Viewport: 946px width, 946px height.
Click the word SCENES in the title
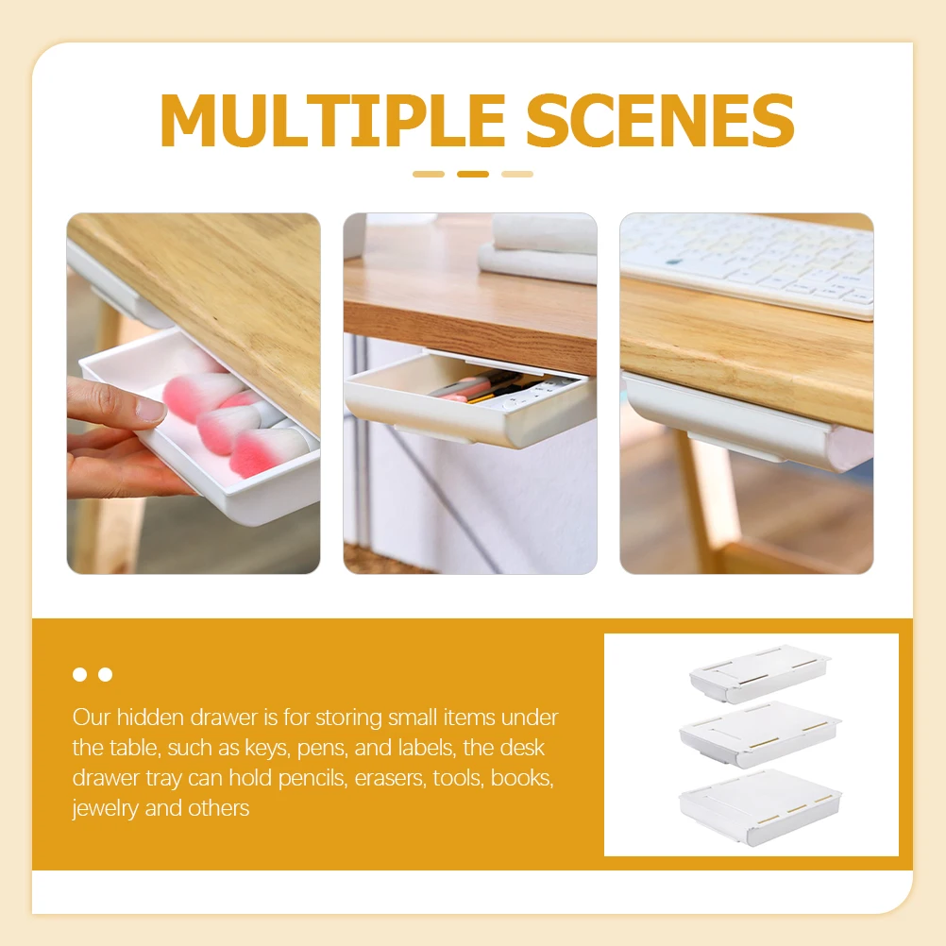[660, 120]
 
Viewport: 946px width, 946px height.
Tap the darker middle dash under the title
[473, 174]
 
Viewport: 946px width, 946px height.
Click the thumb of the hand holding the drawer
[118, 404]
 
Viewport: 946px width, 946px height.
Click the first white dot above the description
[80, 674]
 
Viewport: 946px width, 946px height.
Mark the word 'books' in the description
[519, 778]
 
